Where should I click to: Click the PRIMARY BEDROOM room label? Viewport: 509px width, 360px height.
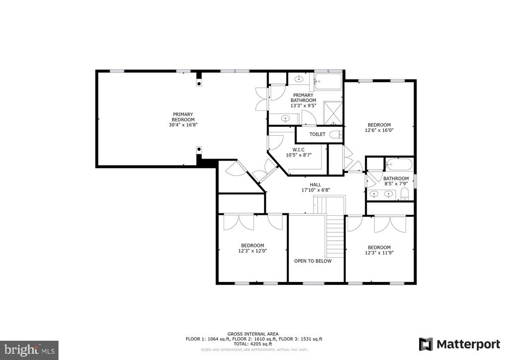[x=183, y=117]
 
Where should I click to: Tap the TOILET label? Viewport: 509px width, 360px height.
[x=317, y=134]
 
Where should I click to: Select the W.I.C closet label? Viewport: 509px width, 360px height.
[x=299, y=150]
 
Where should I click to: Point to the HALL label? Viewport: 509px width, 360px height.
[x=315, y=184]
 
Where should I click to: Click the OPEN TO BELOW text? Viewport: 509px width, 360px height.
[x=313, y=261]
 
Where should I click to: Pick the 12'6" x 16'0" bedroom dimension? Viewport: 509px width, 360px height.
[x=379, y=130]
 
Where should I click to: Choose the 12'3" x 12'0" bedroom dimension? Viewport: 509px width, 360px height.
[x=253, y=251]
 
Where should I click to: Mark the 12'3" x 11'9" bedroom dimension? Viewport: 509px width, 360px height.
[x=379, y=253]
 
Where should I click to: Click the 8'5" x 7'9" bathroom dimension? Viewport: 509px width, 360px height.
[x=395, y=184]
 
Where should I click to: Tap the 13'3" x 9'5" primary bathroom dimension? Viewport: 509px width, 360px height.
[x=303, y=105]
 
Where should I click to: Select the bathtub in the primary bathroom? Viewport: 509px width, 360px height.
[x=329, y=82]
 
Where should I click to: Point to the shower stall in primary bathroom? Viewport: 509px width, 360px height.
[x=333, y=112]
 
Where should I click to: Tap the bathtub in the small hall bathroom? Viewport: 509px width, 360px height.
[x=399, y=164]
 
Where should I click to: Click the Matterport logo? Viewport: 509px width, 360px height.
[x=459, y=345]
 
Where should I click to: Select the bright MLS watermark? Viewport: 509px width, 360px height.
[x=29, y=350]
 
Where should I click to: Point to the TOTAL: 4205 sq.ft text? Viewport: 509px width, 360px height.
[x=253, y=344]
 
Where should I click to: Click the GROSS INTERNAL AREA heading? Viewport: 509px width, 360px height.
[x=253, y=334]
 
